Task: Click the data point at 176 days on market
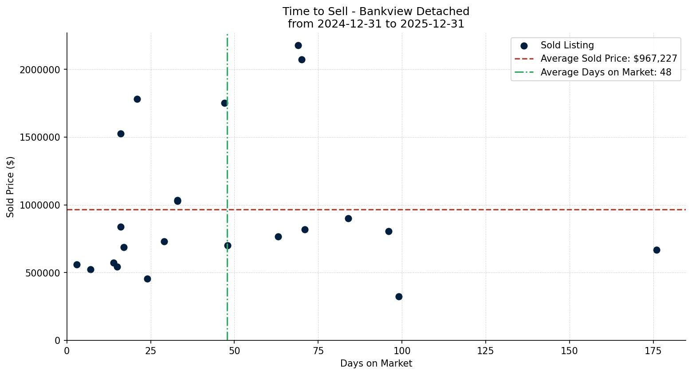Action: pos(657,250)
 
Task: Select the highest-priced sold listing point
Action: pos(298,45)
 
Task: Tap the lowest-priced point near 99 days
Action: pos(399,296)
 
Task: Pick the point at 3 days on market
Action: pos(77,264)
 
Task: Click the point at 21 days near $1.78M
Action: pos(137,99)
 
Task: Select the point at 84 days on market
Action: pos(348,218)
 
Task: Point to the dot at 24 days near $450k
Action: pos(147,279)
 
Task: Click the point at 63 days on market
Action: pos(278,237)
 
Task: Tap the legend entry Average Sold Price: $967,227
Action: pos(609,59)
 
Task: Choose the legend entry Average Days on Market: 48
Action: pos(605,72)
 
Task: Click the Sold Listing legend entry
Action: pos(567,45)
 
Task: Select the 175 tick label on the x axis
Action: pos(653,351)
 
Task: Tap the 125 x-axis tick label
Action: pos(486,351)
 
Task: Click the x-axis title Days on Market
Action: pos(376,363)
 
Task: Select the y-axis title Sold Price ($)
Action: pos(11,187)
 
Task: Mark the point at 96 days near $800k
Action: pos(389,231)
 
